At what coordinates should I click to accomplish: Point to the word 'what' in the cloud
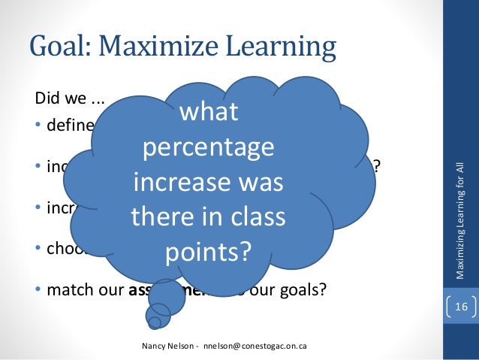(208, 112)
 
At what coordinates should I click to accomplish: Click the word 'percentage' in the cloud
(208, 147)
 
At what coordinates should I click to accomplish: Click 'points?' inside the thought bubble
(208, 252)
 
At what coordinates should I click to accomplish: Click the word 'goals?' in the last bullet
(303, 289)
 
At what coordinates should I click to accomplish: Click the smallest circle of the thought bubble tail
(153, 323)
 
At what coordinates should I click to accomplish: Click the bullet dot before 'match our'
(39, 289)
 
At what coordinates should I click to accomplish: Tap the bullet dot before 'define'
(39, 125)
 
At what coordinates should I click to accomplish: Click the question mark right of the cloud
(378, 166)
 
